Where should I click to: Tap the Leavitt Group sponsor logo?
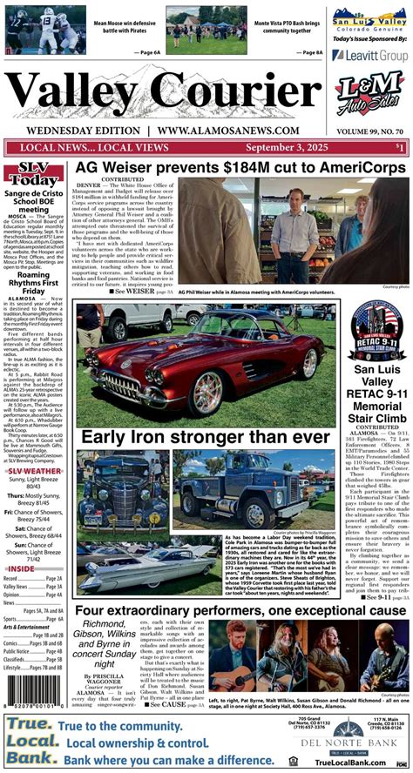370,55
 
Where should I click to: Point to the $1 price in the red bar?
399,148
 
